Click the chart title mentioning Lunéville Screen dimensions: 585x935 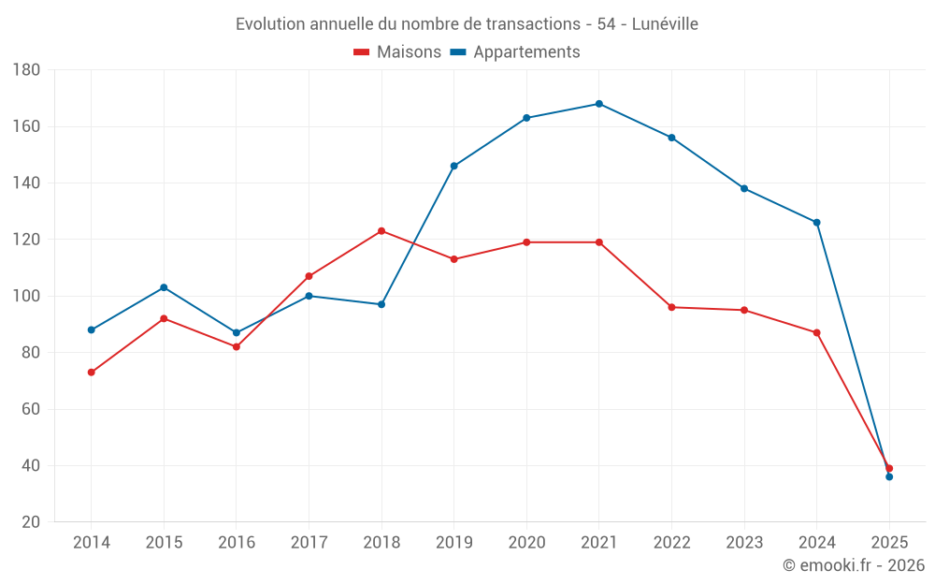[x=467, y=23]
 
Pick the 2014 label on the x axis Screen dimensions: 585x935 [x=91, y=543]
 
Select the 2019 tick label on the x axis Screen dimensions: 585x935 [x=453, y=543]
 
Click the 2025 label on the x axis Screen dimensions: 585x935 [x=889, y=543]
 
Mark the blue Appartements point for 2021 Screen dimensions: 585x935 [x=599, y=104]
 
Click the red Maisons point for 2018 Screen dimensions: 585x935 [x=381, y=231]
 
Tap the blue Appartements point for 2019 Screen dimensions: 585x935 [x=453, y=166]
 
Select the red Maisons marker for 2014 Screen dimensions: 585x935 [x=92, y=373]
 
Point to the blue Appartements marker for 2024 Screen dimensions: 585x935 [x=816, y=223]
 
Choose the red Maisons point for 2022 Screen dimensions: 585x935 [x=671, y=307]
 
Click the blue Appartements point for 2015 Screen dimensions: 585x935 [x=164, y=287]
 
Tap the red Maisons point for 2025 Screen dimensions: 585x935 [x=889, y=468]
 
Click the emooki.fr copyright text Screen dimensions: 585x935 [x=854, y=565]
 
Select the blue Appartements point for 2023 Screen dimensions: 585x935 [x=744, y=188]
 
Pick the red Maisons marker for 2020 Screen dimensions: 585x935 [x=526, y=242]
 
